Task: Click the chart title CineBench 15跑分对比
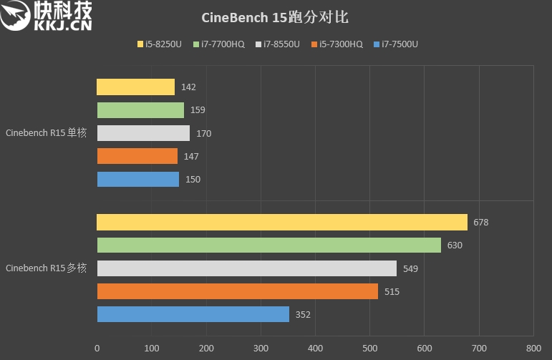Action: [x=276, y=16]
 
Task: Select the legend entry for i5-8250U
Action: [x=159, y=44]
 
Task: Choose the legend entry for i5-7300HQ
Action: [x=336, y=44]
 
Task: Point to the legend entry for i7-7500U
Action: [x=395, y=44]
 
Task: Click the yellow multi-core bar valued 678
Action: [x=281, y=223]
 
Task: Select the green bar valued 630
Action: [x=268, y=245]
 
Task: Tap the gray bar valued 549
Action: [x=246, y=268]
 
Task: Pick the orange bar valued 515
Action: [x=237, y=291]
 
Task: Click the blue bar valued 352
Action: [x=193, y=314]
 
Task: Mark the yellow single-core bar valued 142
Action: [x=135, y=87]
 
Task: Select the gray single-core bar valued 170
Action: [x=143, y=133]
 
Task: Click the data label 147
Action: [x=191, y=156]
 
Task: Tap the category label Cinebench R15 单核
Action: [x=46, y=133]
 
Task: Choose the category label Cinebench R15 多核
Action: [x=46, y=268]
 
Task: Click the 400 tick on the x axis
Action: [x=315, y=349]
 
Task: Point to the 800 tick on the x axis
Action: [x=533, y=349]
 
